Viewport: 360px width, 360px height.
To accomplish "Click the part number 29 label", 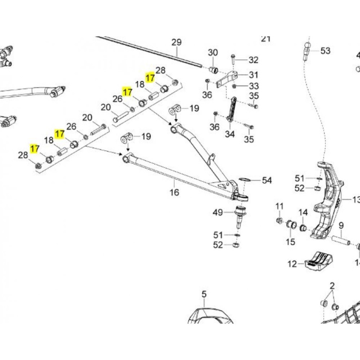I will (176, 43).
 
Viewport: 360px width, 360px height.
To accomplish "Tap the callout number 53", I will (325, 50).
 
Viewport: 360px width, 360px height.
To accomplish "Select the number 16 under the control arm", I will (174, 193).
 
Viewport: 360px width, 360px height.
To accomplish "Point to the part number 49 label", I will (218, 212).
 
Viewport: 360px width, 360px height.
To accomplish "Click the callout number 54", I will (267, 180).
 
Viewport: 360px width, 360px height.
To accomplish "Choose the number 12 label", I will (292, 264).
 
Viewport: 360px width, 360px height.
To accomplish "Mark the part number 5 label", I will (204, 295).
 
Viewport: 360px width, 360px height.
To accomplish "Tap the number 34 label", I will (230, 134).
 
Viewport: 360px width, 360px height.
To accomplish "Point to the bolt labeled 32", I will (234, 58).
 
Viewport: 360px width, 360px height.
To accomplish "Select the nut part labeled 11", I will (279, 221).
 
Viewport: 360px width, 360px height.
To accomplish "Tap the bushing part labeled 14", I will (303, 227).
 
